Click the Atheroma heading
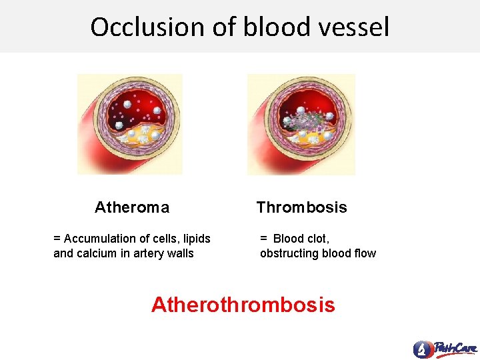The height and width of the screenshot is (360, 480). click(x=132, y=207)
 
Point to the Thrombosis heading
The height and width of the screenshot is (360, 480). click(x=302, y=207)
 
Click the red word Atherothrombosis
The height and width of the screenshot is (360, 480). click(x=243, y=305)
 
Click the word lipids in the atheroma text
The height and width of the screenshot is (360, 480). click(x=195, y=239)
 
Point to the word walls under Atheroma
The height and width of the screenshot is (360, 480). click(x=180, y=253)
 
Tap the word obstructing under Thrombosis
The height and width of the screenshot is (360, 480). click(x=289, y=253)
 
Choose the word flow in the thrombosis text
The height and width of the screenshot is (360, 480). click(x=365, y=253)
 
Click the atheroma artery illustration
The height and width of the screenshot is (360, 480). click(x=130, y=125)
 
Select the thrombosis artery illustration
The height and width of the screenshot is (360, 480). click(x=301, y=125)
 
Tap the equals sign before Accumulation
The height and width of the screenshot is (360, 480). click(x=57, y=239)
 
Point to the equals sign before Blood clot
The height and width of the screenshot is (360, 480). click(x=263, y=239)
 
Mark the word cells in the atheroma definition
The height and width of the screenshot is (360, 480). click(x=165, y=239)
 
